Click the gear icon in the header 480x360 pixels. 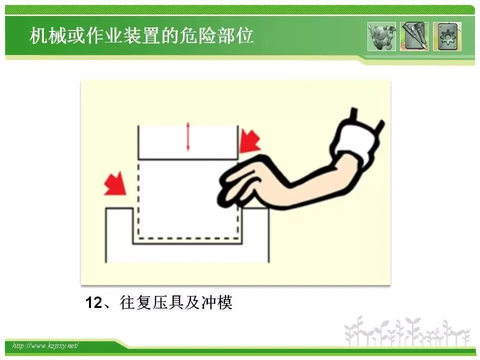tap(447, 36)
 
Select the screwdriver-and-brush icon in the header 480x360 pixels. tap(414, 36)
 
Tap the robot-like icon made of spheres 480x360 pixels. tap(381, 36)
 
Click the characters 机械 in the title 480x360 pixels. tap(48, 35)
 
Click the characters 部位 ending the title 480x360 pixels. tap(235, 35)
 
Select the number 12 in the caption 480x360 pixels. tap(93, 302)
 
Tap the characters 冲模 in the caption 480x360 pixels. tap(216, 302)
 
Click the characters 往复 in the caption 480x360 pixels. tap(134, 302)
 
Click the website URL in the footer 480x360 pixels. tap(45, 345)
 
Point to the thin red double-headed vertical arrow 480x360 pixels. tap(188, 136)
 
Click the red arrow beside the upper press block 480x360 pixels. tap(250, 141)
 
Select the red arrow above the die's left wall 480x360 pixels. tap(115, 183)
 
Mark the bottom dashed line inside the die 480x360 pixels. tap(188, 238)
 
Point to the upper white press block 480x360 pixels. tap(188, 142)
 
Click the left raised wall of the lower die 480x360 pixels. tap(119, 234)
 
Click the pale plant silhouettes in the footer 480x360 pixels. tap(407, 331)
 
